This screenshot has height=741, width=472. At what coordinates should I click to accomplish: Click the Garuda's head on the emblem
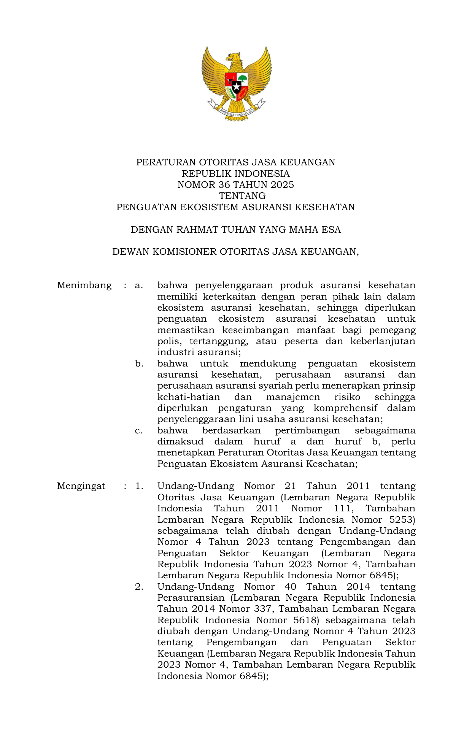[x=232, y=57]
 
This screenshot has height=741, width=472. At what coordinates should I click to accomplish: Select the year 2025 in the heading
[x=282, y=185]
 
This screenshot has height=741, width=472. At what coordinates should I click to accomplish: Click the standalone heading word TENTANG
[x=242, y=196]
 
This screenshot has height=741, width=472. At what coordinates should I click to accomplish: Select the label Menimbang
[x=84, y=285]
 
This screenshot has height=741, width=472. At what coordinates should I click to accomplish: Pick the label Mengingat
[x=81, y=486]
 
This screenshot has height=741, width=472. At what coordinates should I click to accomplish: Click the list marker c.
[x=139, y=430]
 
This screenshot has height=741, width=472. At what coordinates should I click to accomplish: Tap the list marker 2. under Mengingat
[x=139, y=587]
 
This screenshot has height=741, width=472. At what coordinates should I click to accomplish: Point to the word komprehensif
[x=345, y=408]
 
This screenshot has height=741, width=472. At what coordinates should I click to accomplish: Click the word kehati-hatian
[x=189, y=397]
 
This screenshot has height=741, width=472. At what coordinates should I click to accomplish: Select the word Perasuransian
[x=191, y=598]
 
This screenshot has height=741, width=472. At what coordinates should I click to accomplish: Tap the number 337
[x=263, y=609]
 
